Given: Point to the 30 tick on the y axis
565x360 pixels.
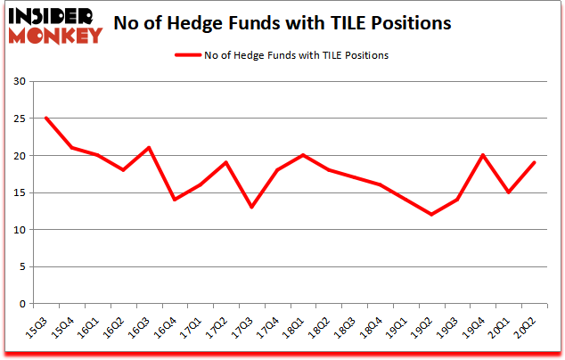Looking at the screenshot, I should (17, 82).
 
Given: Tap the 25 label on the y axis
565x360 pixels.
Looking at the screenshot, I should (17, 119).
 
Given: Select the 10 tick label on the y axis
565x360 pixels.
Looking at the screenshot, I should (17, 230).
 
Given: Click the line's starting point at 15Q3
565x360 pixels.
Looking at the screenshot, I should (45, 119).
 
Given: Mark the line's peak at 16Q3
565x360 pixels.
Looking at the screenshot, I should (149, 148).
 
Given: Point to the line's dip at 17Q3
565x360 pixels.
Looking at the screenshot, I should (252, 207).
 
